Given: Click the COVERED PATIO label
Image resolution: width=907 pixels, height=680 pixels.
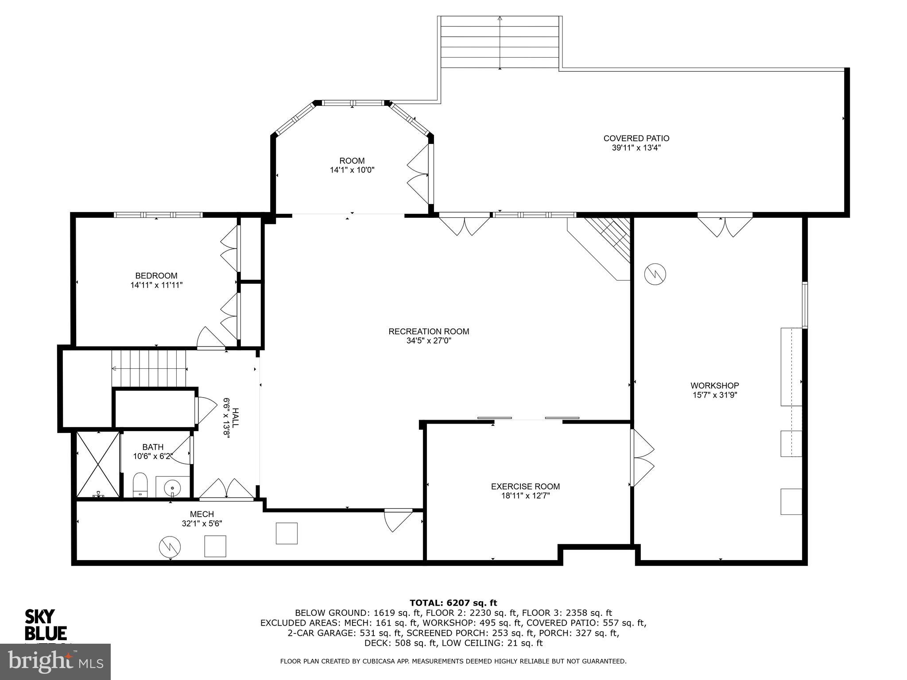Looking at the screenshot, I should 636,139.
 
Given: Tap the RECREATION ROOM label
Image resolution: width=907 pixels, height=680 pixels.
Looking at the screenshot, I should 428,332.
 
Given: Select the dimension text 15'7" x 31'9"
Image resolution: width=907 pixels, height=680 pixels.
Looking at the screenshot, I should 714,395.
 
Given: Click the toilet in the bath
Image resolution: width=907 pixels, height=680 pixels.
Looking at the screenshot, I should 140,485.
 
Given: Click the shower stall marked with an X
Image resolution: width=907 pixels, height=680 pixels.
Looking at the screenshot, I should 98,464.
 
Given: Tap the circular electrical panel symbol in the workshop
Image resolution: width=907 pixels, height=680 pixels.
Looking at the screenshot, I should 655,275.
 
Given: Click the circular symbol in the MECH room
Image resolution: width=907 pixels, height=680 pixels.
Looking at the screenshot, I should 170,547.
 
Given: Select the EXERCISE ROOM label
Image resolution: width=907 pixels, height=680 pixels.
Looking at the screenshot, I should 525,487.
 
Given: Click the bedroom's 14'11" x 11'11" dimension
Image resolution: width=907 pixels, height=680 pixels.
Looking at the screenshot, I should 156,286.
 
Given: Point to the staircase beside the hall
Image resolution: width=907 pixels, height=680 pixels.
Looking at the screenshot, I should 149,368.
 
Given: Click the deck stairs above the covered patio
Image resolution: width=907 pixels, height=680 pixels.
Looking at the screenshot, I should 500,42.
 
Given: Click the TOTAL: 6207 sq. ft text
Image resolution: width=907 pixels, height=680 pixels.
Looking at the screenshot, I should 453,603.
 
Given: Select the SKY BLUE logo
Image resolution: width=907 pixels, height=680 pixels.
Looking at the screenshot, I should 45,625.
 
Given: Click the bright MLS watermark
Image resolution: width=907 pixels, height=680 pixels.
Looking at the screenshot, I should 55,662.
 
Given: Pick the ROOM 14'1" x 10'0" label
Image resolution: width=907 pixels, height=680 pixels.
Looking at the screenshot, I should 352,165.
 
